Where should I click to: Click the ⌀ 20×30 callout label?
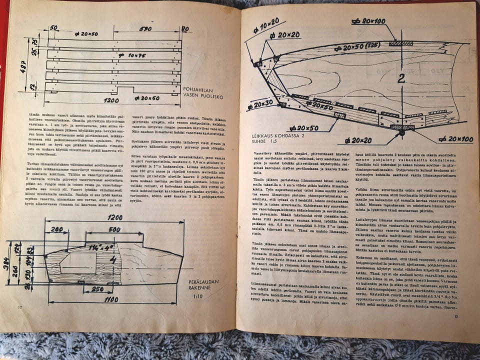pos(260,105)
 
